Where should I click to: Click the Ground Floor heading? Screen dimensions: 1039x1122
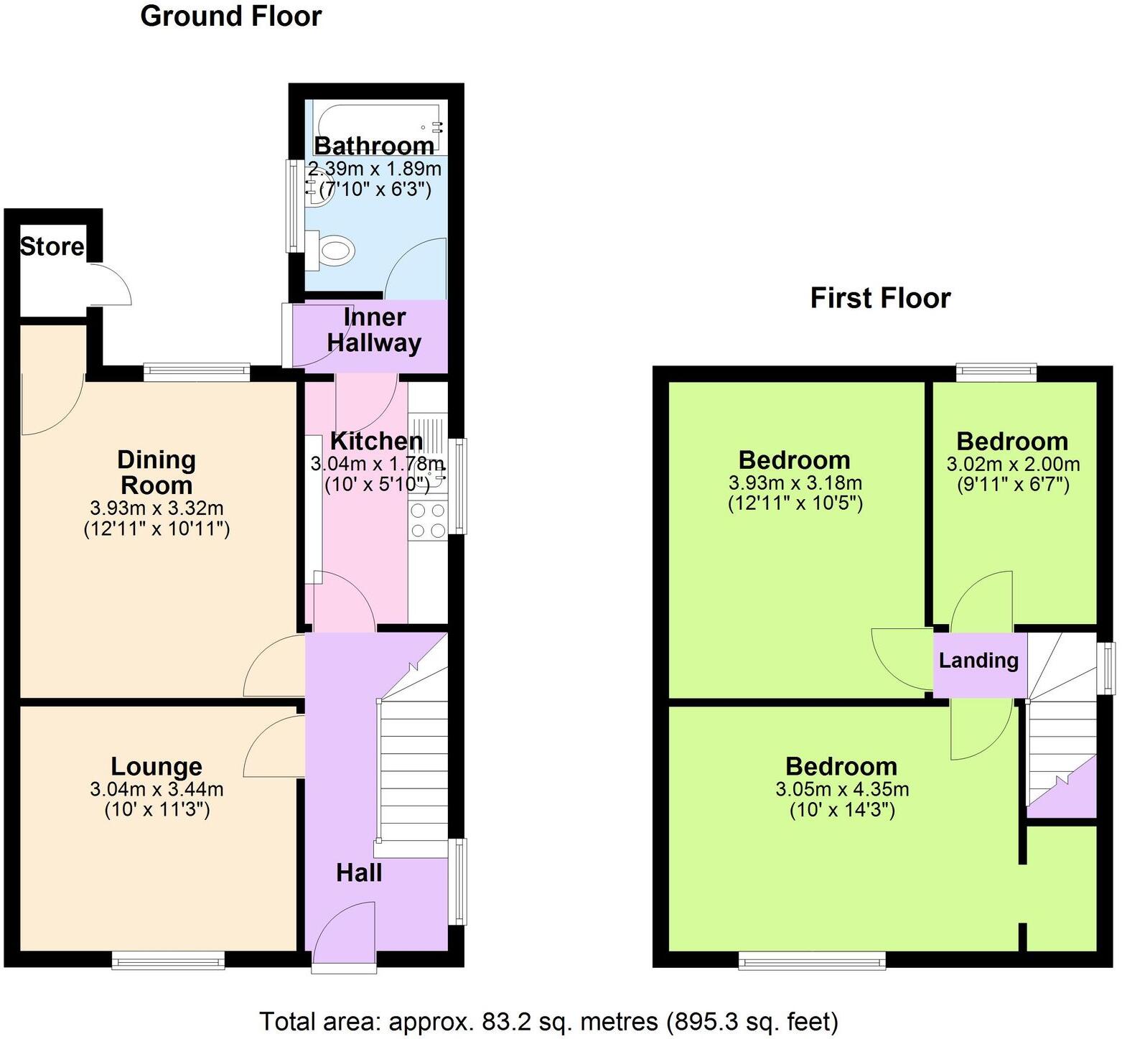[x=230, y=16]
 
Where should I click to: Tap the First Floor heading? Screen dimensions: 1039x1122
[x=880, y=298]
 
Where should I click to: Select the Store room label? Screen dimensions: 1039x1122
[x=52, y=246]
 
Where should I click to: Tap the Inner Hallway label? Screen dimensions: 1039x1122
[x=374, y=330]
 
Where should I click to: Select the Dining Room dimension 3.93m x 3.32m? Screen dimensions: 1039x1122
[x=156, y=508]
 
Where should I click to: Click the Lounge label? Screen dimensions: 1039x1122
[x=156, y=766]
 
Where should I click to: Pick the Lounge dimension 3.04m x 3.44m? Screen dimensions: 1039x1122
[x=156, y=789]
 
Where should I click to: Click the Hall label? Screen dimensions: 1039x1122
[x=359, y=872]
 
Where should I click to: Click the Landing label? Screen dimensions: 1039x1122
[x=978, y=660]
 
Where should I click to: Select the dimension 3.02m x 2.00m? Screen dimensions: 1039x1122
[x=1013, y=464]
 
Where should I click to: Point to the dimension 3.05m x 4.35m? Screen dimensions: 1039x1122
[x=842, y=789]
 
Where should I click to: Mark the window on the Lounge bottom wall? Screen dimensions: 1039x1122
[x=168, y=960]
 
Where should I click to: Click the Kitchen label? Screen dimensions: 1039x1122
[x=376, y=441]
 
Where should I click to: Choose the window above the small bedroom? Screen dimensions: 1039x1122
[x=996, y=372]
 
